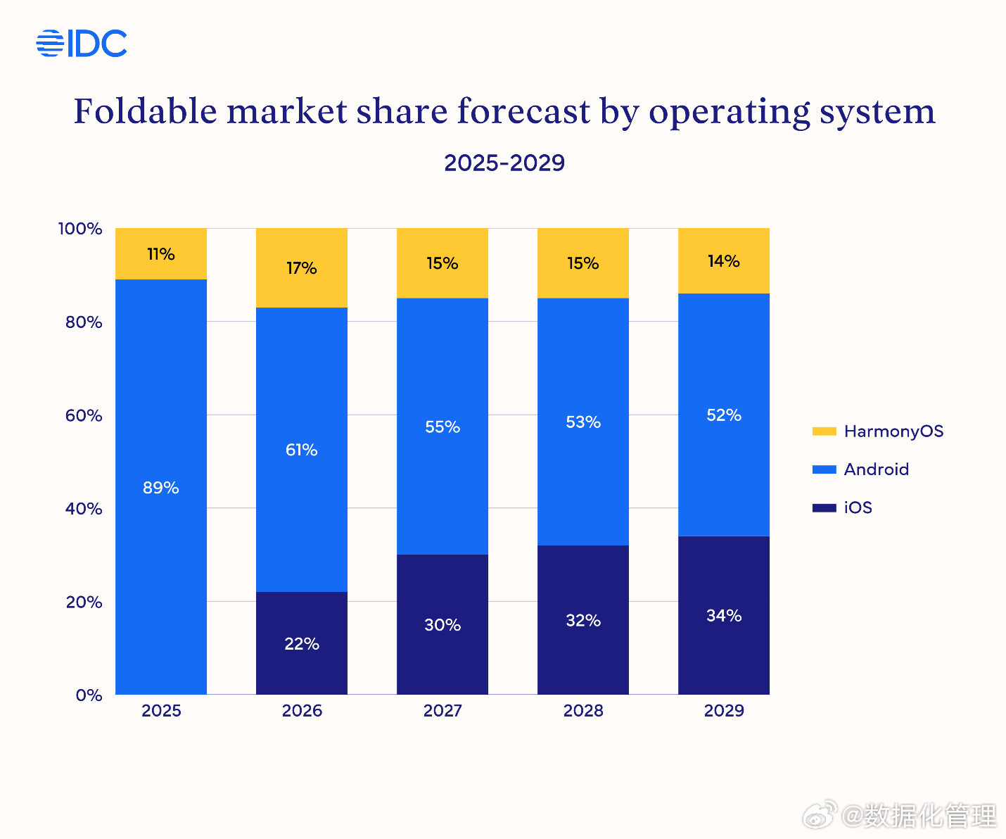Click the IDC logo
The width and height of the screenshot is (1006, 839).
[82, 44]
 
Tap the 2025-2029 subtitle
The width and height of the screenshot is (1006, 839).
[504, 163]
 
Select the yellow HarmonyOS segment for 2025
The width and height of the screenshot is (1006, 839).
[161, 254]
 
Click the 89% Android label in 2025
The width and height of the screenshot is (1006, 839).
[161, 488]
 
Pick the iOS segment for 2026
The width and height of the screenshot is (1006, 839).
[302, 643]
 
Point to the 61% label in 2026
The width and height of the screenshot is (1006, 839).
[302, 450]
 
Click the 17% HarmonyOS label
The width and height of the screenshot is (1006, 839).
[302, 268]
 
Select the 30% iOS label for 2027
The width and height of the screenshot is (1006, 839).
[442, 625]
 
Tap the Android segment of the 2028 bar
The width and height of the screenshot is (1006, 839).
[583, 422]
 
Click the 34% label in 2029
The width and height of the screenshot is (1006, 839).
[724, 616]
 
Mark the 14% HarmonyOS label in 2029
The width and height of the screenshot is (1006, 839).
[724, 261]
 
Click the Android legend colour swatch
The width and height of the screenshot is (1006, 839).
[824, 469]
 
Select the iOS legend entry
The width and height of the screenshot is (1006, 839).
[858, 507]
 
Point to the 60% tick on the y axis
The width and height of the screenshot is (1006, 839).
[84, 415]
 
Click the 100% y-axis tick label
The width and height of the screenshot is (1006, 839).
[80, 229]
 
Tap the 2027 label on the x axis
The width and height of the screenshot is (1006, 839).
[442, 711]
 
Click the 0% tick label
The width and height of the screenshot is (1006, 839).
[89, 695]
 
